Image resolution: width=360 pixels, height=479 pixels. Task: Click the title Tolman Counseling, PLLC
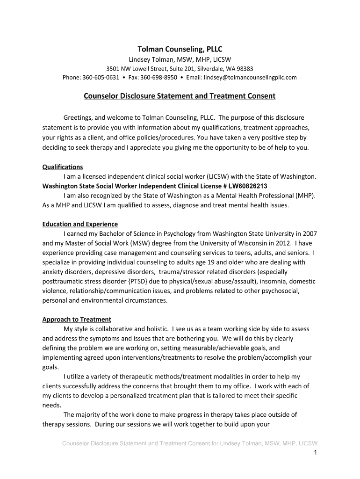tap(180, 49)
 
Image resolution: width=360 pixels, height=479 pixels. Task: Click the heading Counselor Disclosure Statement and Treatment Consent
tap(180, 96)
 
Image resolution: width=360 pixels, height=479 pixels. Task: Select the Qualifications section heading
tap(63, 167)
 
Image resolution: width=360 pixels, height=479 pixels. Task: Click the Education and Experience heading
tap(80, 224)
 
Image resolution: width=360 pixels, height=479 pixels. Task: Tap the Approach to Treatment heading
tap(77, 319)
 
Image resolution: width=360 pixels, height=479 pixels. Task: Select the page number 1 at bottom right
tap(316, 452)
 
